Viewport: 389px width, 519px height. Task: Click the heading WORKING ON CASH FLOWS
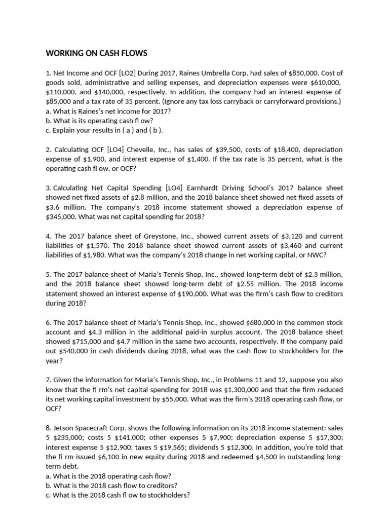pyautogui.click(x=96, y=53)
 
